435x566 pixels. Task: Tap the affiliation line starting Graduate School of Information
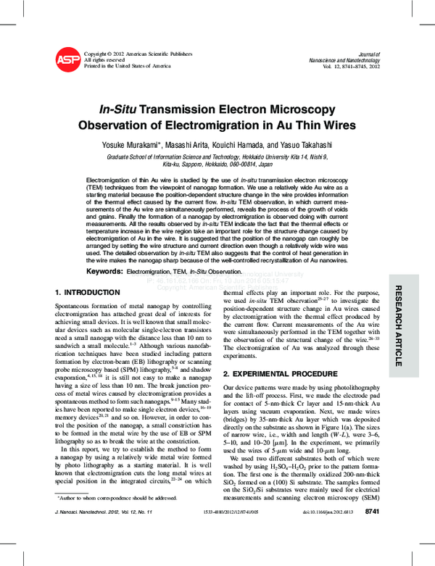pos(217,156)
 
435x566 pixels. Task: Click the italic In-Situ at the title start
pos(119,109)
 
